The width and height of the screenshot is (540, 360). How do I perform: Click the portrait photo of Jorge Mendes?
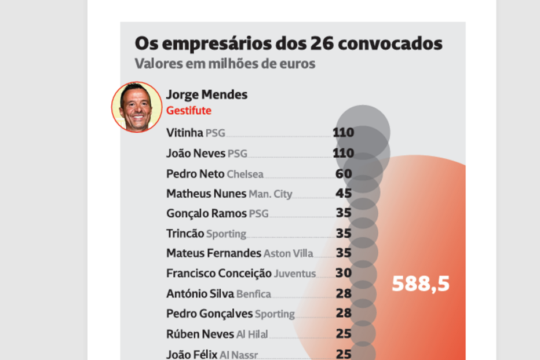coord(137,107)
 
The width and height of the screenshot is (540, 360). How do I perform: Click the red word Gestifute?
coord(189,111)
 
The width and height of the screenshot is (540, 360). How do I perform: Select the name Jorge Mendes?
coord(206,94)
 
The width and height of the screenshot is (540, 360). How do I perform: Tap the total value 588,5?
coord(421,284)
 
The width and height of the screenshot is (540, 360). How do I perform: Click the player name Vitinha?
coord(185,133)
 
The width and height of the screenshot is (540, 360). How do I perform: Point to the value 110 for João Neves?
coord(343,153)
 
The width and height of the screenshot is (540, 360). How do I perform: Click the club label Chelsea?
coord(245,174)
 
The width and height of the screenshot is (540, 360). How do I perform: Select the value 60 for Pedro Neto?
coord(344,173)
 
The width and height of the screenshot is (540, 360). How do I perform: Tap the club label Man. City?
coord(271,194)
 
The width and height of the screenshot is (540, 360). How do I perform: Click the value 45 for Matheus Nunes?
coord(344,194)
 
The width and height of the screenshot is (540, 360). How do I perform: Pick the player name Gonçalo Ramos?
coord(206,213)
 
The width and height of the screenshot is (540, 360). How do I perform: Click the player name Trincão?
coord(185,234)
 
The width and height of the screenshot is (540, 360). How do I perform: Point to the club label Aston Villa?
coord(288,254)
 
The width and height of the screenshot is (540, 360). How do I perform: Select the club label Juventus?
coord(295,274)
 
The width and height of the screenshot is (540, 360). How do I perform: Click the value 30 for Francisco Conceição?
coord(344,273)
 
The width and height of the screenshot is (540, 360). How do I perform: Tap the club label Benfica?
coord(253,294)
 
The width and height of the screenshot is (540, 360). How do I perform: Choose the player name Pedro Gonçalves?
coord(209,314)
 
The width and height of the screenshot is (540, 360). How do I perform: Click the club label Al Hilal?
coord(252,334)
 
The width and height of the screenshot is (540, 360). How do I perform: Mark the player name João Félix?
coord(192,354)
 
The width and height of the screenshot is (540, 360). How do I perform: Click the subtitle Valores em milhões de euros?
coord(225,64)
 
